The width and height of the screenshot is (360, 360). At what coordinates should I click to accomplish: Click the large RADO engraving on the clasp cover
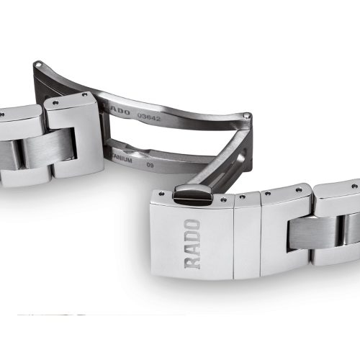193,242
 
